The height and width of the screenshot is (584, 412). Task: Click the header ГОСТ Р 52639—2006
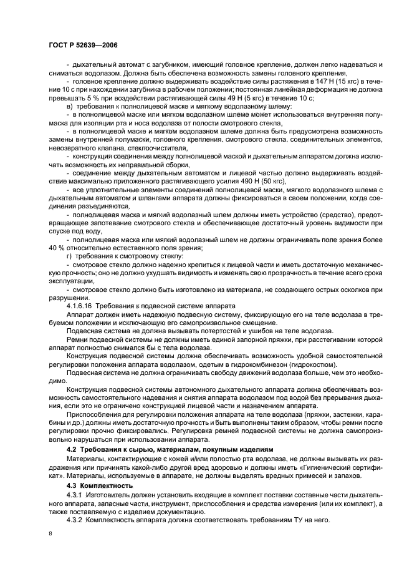click(83, 45)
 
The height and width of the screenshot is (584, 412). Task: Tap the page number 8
click(51, 534)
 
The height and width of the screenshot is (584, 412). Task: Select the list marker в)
click(69, 107)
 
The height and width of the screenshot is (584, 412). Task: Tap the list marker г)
click(69, 256)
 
